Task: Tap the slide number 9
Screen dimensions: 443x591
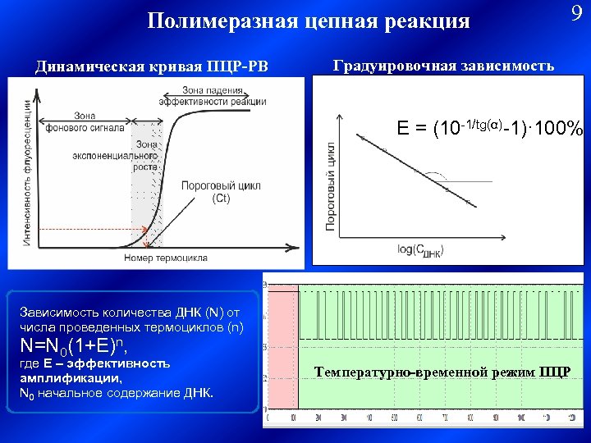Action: (x=575, y=14)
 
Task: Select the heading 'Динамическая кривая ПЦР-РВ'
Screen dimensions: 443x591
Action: (x=151, y=66)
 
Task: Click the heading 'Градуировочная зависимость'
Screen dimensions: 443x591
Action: (x=443, y=65)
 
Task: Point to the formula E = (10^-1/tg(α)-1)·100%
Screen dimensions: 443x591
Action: (x=490, y=130)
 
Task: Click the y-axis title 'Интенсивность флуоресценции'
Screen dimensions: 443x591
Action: (x=28, y=171)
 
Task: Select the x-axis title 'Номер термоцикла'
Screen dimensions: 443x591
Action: (x=166, y=258)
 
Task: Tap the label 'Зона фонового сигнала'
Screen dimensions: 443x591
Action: (x=85, y=121)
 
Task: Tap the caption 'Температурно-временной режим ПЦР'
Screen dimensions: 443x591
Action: (x=442, y=372)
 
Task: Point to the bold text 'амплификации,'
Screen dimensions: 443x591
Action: (x=70, y=378)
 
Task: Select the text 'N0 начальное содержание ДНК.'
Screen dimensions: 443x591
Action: (x=116, y=393)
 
